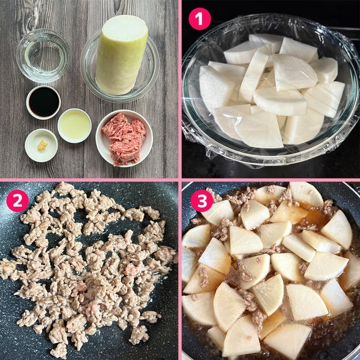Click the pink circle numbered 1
199,19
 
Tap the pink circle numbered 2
17,200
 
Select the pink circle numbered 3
202,200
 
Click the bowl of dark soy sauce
43,103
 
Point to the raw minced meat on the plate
124,139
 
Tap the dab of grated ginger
42,146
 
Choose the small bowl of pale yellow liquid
75,126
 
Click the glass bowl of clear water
43,56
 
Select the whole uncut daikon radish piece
121,55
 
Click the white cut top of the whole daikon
125,28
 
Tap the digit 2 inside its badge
17,200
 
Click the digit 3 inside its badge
202,200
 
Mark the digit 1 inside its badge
199,19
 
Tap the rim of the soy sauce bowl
27,103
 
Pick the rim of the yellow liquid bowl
59,126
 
